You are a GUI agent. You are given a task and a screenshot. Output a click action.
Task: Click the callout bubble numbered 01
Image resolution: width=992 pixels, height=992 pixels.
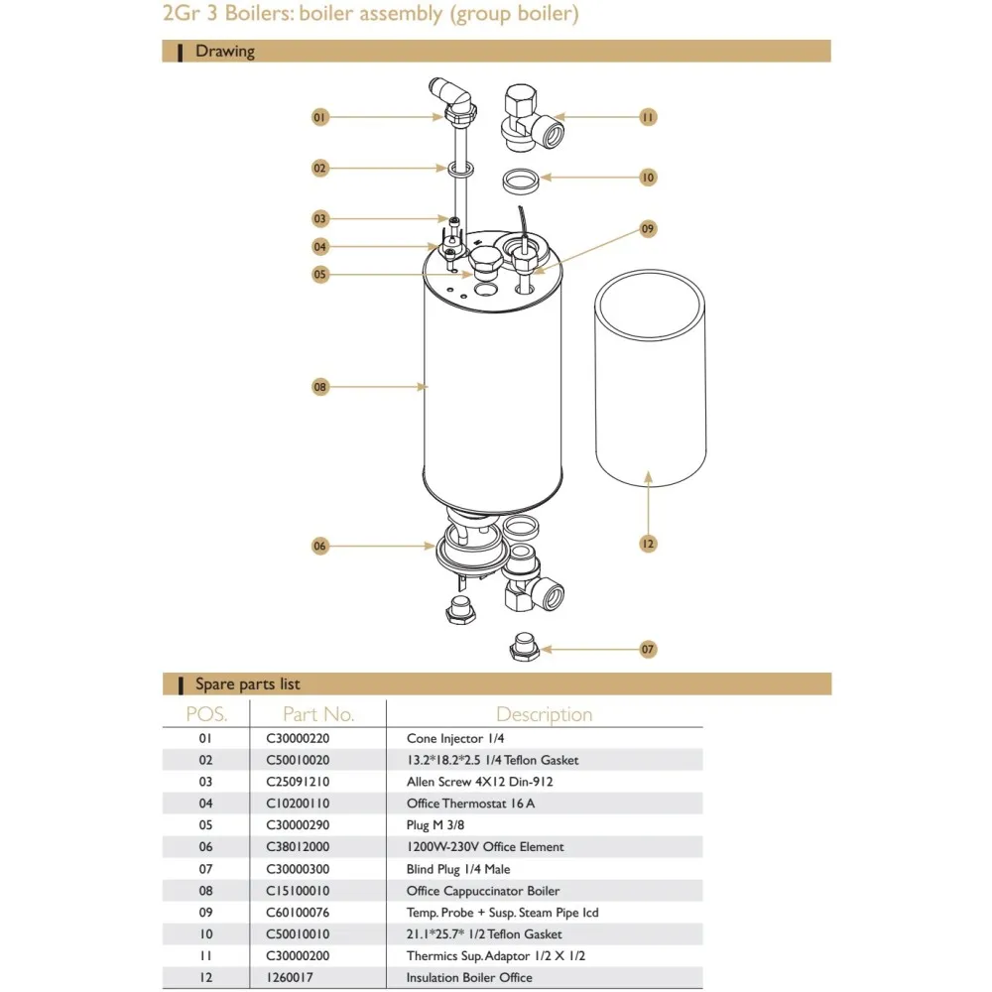point(319,117)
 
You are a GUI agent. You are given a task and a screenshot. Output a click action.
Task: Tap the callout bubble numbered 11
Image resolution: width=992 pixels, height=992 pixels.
point(647,117)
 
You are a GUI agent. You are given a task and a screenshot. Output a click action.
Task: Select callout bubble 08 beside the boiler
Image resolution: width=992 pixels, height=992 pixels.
point(319,387)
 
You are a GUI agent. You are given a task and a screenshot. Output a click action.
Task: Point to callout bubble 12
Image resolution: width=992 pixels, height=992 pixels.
point(647,544)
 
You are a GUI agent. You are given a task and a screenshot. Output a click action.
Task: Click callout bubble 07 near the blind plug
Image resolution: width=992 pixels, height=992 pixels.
point(647,649)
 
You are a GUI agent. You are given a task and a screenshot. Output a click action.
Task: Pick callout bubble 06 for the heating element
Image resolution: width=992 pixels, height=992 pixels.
point(319,546)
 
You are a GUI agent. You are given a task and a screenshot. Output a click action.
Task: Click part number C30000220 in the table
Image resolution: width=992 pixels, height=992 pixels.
point(298,738)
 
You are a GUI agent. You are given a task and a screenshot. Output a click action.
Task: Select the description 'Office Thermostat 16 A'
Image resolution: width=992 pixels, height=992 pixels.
point(470,804)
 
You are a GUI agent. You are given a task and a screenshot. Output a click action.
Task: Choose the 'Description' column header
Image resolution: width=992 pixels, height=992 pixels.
point(544,714)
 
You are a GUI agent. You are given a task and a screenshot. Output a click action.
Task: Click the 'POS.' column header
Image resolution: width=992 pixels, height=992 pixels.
point(206,714)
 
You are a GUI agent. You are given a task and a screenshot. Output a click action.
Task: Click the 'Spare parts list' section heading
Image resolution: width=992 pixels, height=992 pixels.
point(247,684)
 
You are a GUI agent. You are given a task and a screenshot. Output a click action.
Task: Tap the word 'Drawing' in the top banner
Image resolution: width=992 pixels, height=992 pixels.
point(224,52)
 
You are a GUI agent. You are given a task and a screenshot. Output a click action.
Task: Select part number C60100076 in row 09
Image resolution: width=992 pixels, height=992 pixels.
point(298,913)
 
